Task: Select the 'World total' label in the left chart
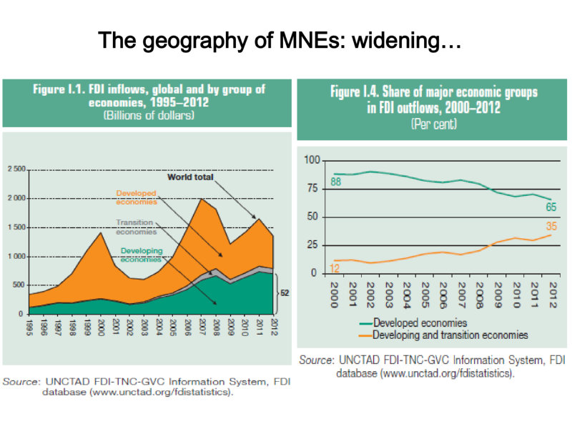[x=190, y=177]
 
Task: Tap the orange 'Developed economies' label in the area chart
[x=137, y=197]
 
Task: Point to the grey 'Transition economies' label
[x=136, y=227]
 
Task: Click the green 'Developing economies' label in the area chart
[x=142, y=255]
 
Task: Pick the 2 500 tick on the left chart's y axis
[x=16, y=169]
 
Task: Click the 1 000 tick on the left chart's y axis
[x=16, y=257]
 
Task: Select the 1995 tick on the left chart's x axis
[x=29, y=327]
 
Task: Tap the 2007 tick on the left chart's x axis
[x=202, y=327]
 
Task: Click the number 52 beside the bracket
[x=285, y=293]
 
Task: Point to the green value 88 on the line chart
[x=335, y=182]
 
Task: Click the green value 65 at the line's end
[x=551, y=207]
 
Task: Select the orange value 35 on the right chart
[x=551, y=226]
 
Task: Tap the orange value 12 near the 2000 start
[x=334, y=269]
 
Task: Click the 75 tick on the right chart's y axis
[x=312, y=188]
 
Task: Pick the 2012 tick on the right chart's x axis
[x=553, y=295]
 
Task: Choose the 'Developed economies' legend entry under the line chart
[x=413, y=323]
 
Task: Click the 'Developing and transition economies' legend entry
[x=443, y=335]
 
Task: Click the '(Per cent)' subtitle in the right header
[x=434, y=124]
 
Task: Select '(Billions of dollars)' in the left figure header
[x=149, y=115]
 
